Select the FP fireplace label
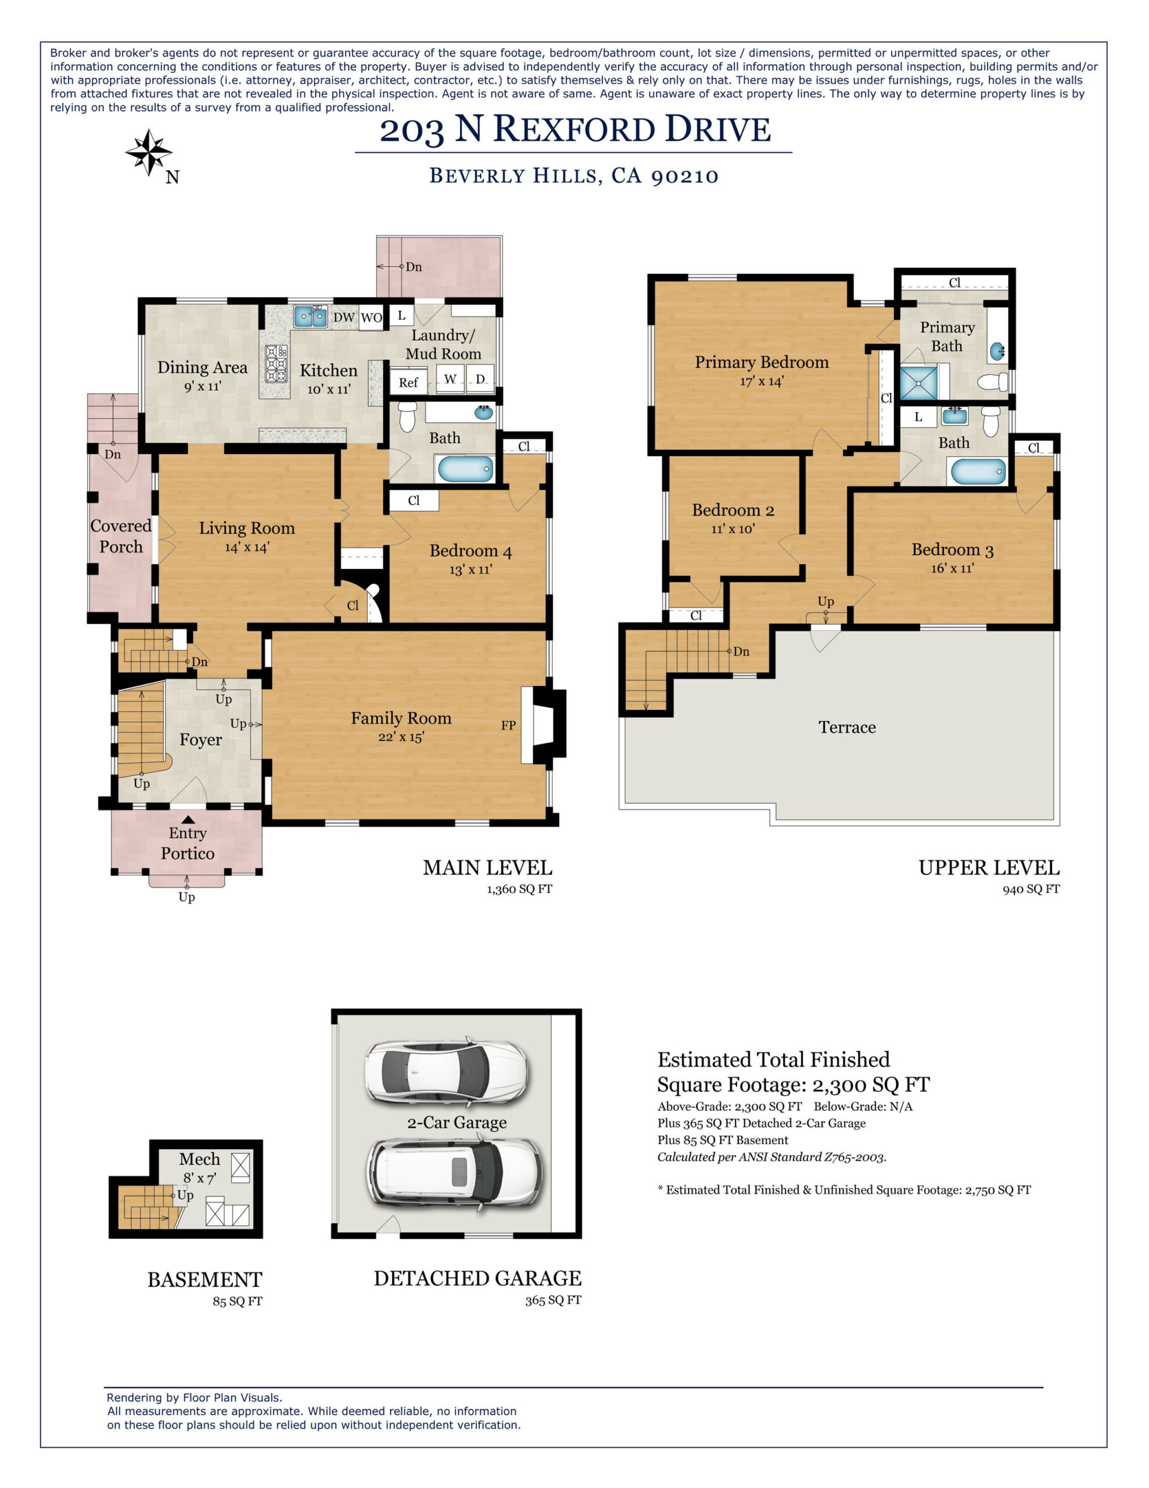[x=508, y=725]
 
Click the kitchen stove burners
[x=276, y=363]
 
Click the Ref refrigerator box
[x=408, y=382]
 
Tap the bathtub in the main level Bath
[x=465, y=470]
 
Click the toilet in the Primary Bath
[x=993, y=381]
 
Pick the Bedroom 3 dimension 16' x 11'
[x=952, y=568]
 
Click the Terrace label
[x=846, y=727]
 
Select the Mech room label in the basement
[x=200, y=1159]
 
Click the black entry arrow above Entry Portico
[x=188, y=820]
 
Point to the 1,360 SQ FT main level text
[x=519, y=889]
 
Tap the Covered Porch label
[x=121, y=535]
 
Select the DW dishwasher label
[x=344, y=317]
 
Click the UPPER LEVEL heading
[x=988, y=868]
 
